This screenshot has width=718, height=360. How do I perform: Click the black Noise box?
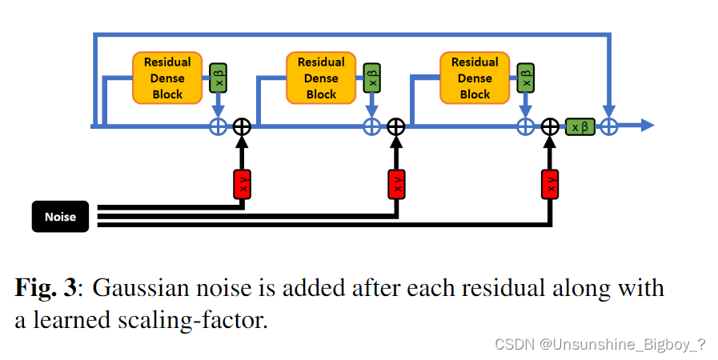point(60,216)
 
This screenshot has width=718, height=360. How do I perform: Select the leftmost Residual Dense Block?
point(167,78)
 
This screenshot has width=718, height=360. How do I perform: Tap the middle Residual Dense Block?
point(321,78)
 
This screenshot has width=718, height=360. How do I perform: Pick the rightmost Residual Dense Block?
point(475,78)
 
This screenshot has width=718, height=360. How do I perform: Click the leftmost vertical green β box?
point(218,78)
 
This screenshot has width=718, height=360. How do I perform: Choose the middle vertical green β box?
point(371,78)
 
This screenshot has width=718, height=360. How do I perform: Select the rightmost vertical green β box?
point(525,78)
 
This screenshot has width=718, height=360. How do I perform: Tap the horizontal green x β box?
point(580,126)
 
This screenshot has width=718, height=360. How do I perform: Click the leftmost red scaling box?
point(242,184)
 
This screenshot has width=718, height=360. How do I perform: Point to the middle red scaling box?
point(396,184)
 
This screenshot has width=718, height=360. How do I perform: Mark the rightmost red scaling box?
point(550,184)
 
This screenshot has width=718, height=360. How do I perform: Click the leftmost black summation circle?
point(242,126)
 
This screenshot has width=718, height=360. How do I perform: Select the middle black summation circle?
point(396,126)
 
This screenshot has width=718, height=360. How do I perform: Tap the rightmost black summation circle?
point(550,126)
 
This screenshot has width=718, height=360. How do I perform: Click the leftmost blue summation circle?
point(218,126)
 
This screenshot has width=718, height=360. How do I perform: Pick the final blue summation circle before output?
point(610,126)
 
